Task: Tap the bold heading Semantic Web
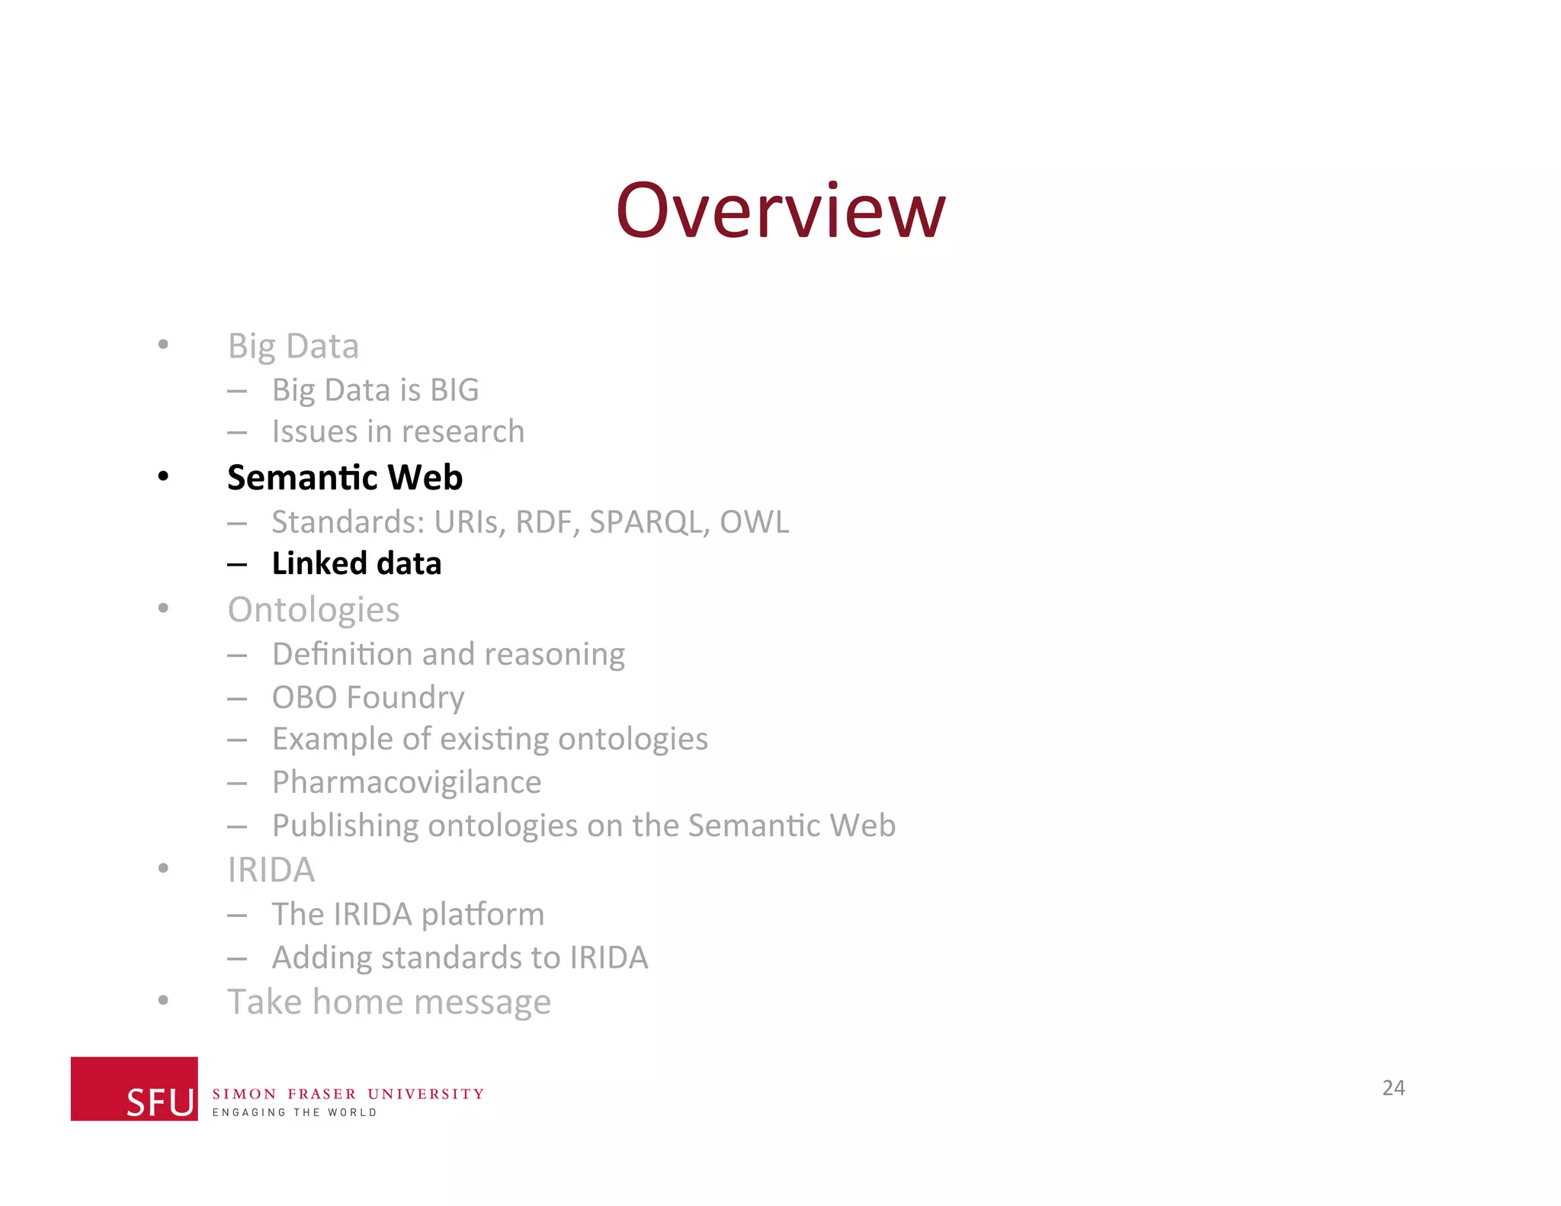pos(345,478)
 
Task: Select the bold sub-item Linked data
pos(357,564)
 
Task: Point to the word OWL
pos(755,522)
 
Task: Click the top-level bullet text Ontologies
pos(313,610)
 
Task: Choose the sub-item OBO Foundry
pos(368,698)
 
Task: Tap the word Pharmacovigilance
pos(406,782)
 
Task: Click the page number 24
pos(1393,1088)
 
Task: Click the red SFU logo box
pos(134,1089)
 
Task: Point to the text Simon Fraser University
pos(348,1094)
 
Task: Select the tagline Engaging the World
pos(294,1113)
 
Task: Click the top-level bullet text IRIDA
pos(271,870)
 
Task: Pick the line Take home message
pos(389,1002)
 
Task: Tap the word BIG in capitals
pos(454,390)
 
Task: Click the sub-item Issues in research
pos(398,432)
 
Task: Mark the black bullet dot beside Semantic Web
pos(163,477)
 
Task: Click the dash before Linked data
pos(237,565)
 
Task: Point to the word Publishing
pos(345,826)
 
